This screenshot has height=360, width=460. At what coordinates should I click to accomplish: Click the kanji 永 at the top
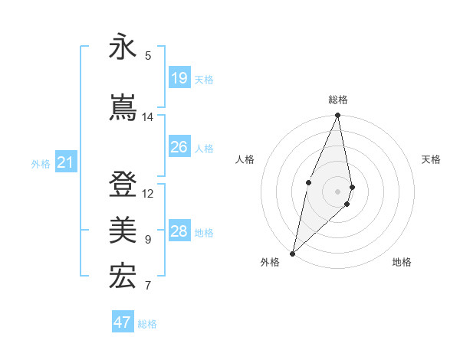pyautogui.click(x=122, y=47)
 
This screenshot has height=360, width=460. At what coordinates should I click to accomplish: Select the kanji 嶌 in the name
pyautogui.click(x=122, y=108)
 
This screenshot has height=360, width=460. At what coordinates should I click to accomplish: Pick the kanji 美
pyautogui.click(x=122, y=231)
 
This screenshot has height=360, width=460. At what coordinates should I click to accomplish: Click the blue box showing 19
pyautogui.click(x=179, y=77)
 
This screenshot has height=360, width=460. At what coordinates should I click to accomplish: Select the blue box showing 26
pyautogui.click(x=179, y=147)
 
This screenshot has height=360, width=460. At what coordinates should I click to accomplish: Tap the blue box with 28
pyautogui.click(x=179, y=231)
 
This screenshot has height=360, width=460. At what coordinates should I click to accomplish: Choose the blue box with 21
pyautogui.click(x=65, y=162)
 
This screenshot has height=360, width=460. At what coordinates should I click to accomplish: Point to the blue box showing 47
pyautogui.click(x=122, y=322)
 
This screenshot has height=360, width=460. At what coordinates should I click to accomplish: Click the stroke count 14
pyautogui.click(x=148, y=117)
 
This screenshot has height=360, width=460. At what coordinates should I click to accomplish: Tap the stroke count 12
pyautogui.click(x=148, y=193)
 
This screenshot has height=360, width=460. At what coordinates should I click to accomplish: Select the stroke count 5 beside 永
pyautogui.click(x=148, y=56)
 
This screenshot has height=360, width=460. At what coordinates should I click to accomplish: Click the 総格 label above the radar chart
pyautogui.click(x=338, y=100)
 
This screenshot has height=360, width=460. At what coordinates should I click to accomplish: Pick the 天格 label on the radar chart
pyautogui.click(x=432, y=159)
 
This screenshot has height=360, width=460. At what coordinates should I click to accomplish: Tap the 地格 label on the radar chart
pyautogui.click(x=402, y=262)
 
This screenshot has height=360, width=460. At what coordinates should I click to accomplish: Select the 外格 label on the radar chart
pyautogui.click(x=270, y=262)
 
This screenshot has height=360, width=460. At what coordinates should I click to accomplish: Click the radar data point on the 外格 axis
pyautogui.click(x=292, y=253)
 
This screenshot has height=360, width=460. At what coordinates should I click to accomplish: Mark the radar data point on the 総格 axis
pyautogui.click(x=338, y=116)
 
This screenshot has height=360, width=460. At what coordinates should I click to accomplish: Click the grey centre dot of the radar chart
pyautogui.click(x=338, y=191)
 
